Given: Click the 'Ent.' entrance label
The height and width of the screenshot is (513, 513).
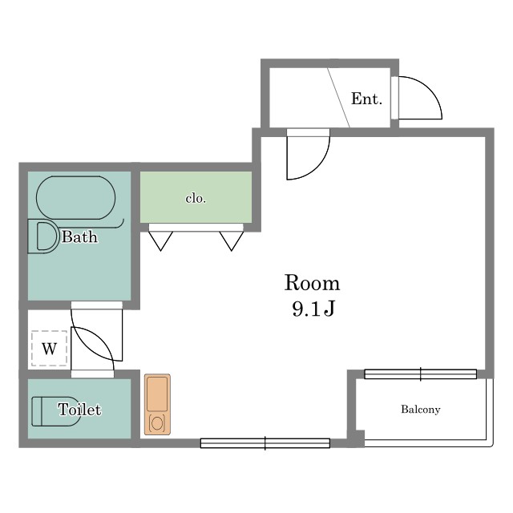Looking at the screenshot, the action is coord(366,99).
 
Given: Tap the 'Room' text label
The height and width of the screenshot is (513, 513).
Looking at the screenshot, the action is coord(312,283).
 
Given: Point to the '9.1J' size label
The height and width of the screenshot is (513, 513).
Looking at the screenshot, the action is coord(313,309).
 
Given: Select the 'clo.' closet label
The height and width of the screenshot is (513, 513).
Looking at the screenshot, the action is coord(196,199).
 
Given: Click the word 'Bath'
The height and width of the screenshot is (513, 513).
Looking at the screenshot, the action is coord(79,237).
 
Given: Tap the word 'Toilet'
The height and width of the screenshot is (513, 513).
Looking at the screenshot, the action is coord(79,410).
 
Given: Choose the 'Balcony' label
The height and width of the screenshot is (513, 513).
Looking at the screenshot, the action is coord(421,410).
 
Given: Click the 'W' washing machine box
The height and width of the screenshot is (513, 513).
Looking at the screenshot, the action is coord(50,349).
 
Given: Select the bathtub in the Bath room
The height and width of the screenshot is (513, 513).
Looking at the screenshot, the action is coord(75,198).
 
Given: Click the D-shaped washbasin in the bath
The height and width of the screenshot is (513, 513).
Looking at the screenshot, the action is coord(42,236).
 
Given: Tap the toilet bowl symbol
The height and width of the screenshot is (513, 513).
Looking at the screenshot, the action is coord(55,411).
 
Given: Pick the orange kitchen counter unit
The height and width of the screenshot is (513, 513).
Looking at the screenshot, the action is coord(157,405).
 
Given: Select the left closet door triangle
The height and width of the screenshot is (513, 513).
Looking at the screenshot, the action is coord(160,241).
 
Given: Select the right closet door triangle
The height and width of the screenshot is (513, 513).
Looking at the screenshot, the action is coord(232,241).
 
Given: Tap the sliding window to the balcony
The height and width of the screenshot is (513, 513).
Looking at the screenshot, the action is coord(420,374).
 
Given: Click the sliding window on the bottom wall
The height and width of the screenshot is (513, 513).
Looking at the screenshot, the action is coord(265,443).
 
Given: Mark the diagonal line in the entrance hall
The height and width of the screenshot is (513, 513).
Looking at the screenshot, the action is coord(339,98).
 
